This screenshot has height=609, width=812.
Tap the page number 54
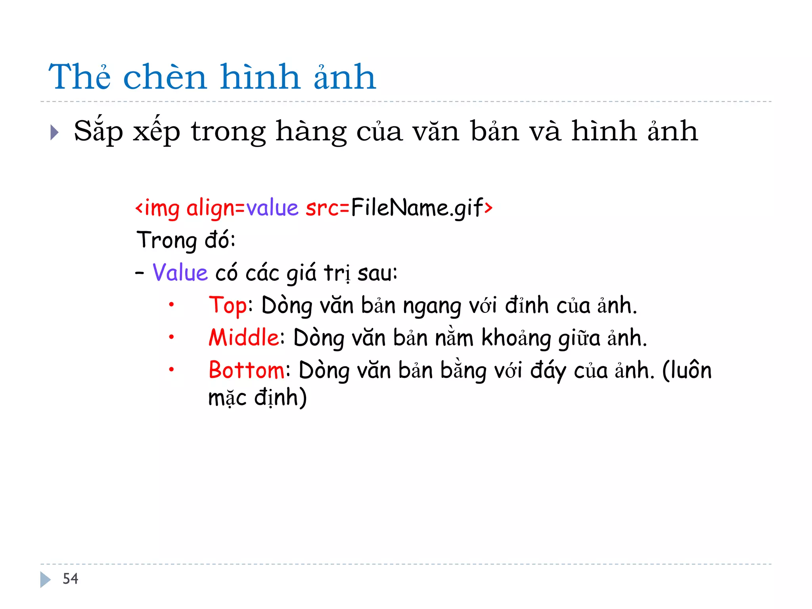pos(71,579)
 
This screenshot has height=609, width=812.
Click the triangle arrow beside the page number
pos(45,579)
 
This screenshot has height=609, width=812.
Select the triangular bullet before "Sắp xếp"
pos(55,132)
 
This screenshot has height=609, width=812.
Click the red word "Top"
pos(228,306)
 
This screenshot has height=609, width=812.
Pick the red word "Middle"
pos(244,338)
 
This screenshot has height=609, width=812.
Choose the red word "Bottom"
pos(246,370)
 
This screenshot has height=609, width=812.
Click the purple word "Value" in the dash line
pos(180,273)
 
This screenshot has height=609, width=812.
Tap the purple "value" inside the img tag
pos(272,208)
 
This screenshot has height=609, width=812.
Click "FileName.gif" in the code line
pos(417,208)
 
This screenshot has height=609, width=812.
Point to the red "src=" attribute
pos(327,208)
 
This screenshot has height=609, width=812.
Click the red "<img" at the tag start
pos(158,208)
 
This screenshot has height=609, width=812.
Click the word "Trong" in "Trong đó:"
pos(167,240)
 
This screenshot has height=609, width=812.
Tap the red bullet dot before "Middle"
pos(171,337)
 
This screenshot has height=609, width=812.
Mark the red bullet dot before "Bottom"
pos(171,370)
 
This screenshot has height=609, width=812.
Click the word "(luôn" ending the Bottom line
pos(687,370)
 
